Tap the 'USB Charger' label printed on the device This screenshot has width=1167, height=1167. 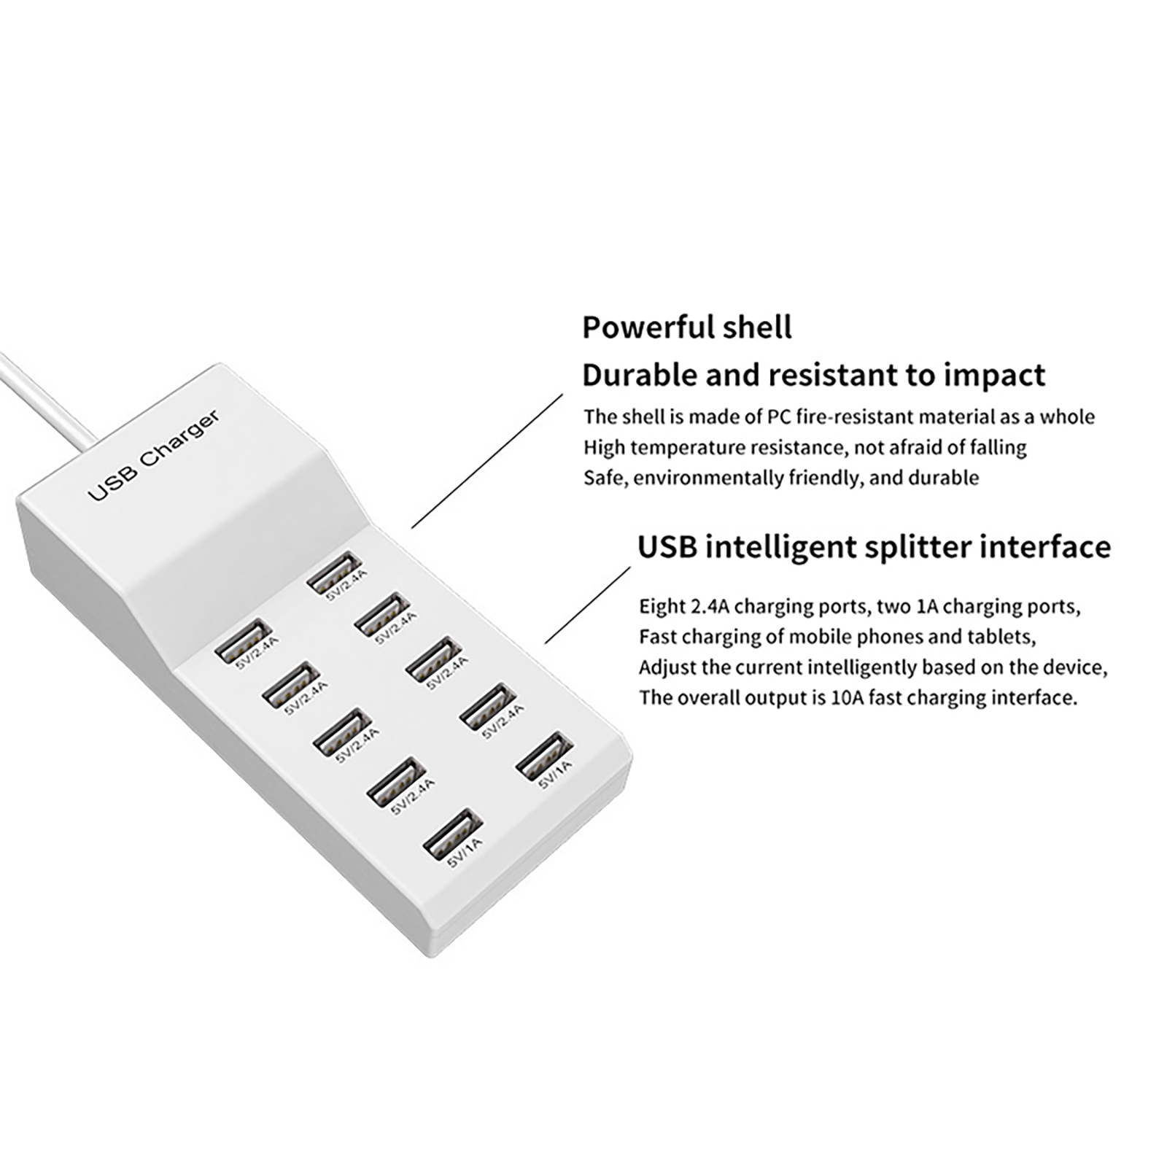153,456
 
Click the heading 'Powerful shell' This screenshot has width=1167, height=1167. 686,327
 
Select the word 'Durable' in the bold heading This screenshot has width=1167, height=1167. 639,375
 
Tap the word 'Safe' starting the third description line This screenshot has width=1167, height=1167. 605,478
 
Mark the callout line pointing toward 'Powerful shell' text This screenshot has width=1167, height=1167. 488,460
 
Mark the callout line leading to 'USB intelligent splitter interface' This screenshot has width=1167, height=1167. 588,605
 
